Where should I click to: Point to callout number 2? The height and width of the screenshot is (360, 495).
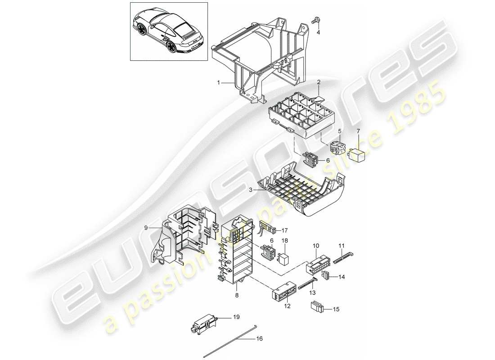pyautogui.click(x=319, y=82)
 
